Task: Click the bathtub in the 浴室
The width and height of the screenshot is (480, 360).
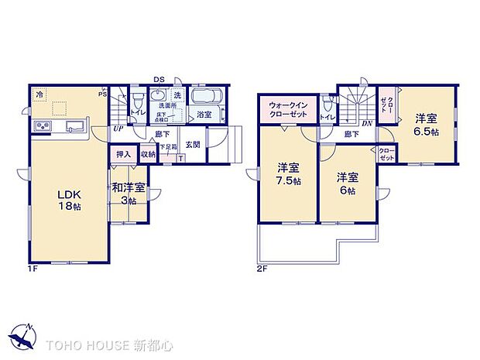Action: [204, 98]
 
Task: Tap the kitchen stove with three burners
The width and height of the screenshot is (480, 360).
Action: [41, 127]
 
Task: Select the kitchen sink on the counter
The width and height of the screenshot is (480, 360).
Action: [75, 127]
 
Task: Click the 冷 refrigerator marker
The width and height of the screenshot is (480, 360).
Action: [39, 94]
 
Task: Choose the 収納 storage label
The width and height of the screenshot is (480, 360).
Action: [148, 155]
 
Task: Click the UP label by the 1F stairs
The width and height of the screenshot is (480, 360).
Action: [118, 129]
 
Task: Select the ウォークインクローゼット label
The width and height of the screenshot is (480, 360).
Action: [288, 109]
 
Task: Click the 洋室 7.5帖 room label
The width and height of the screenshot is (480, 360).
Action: [288, 173]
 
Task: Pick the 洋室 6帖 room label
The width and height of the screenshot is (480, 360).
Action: [346, 183]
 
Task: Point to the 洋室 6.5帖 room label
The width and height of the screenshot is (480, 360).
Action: [424, 125]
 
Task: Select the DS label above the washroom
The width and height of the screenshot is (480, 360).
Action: [159, 79]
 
